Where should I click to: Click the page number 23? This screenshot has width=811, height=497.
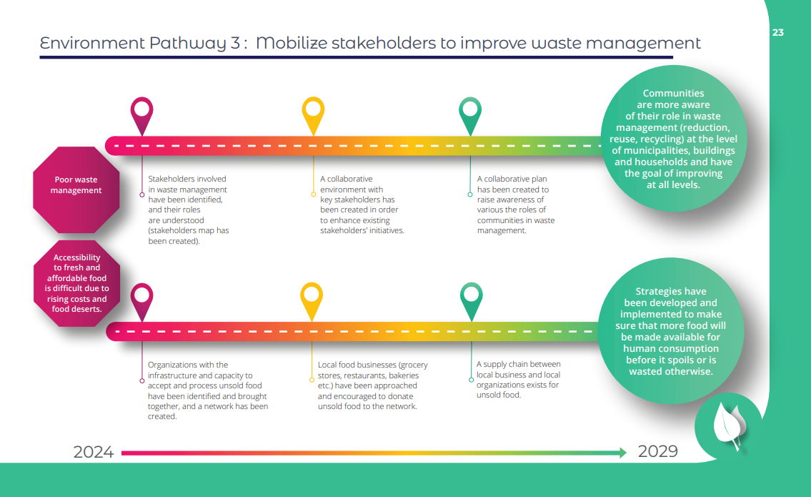coord(778,32)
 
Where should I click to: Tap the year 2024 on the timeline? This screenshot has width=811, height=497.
coord(94,452)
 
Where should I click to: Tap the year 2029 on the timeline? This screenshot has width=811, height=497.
coord(657,451)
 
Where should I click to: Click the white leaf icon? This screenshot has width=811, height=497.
coord(727,426)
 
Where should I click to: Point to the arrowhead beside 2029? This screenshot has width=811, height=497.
coord(622,453)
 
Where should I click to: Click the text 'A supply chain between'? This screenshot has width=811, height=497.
coord(518,365)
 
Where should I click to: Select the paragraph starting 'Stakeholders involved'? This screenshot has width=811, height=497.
coord(189,210)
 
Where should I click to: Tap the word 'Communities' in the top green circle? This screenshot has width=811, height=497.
coord(673,94)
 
